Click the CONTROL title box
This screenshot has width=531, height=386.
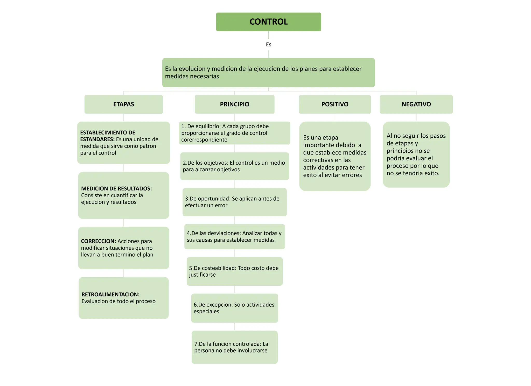(268, 22)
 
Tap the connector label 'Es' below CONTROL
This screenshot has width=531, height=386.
(268, 45)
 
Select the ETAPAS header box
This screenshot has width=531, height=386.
(123, 104)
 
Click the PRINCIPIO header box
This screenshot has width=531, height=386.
(234, 104)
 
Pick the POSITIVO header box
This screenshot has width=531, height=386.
(335, 104)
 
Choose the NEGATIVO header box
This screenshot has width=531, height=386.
(416, 104)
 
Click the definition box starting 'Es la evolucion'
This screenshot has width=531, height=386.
(268, 73)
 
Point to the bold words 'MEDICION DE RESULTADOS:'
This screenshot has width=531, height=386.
(116, 188)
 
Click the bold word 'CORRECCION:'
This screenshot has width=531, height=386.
(98, 241)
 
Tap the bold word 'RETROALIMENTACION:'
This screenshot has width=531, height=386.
(110, 294)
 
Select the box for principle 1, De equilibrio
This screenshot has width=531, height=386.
(234, 133)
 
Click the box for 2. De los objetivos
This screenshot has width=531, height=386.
(234, 166)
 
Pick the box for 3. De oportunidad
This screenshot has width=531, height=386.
(234, 202)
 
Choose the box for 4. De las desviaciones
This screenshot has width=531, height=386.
(234, 236)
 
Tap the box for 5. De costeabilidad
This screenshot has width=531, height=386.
(234, 271)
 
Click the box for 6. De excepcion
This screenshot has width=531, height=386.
(234, 308)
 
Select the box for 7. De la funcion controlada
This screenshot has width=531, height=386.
(234, 347)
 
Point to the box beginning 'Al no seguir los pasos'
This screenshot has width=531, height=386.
(416, 155)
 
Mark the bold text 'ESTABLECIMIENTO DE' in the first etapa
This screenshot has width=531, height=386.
(108, 132)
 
